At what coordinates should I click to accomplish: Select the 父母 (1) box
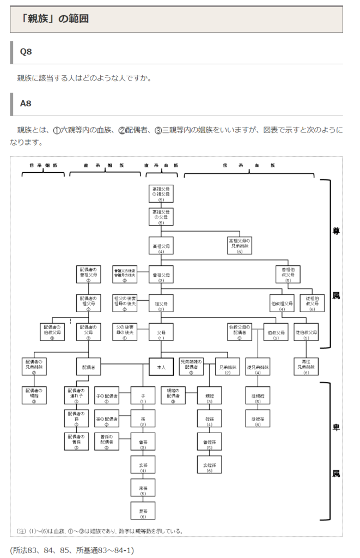click(161, 333)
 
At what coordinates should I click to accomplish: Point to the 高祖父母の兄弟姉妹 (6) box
click(239, 245)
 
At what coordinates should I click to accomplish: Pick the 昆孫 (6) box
click(143, 511)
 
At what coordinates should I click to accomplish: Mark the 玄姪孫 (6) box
click(209, 466)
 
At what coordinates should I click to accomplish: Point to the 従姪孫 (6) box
click(258, 421)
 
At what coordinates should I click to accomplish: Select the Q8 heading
click(26, 52)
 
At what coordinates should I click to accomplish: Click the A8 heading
click(26, 104)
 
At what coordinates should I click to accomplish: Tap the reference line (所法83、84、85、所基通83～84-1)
click(71, 549)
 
